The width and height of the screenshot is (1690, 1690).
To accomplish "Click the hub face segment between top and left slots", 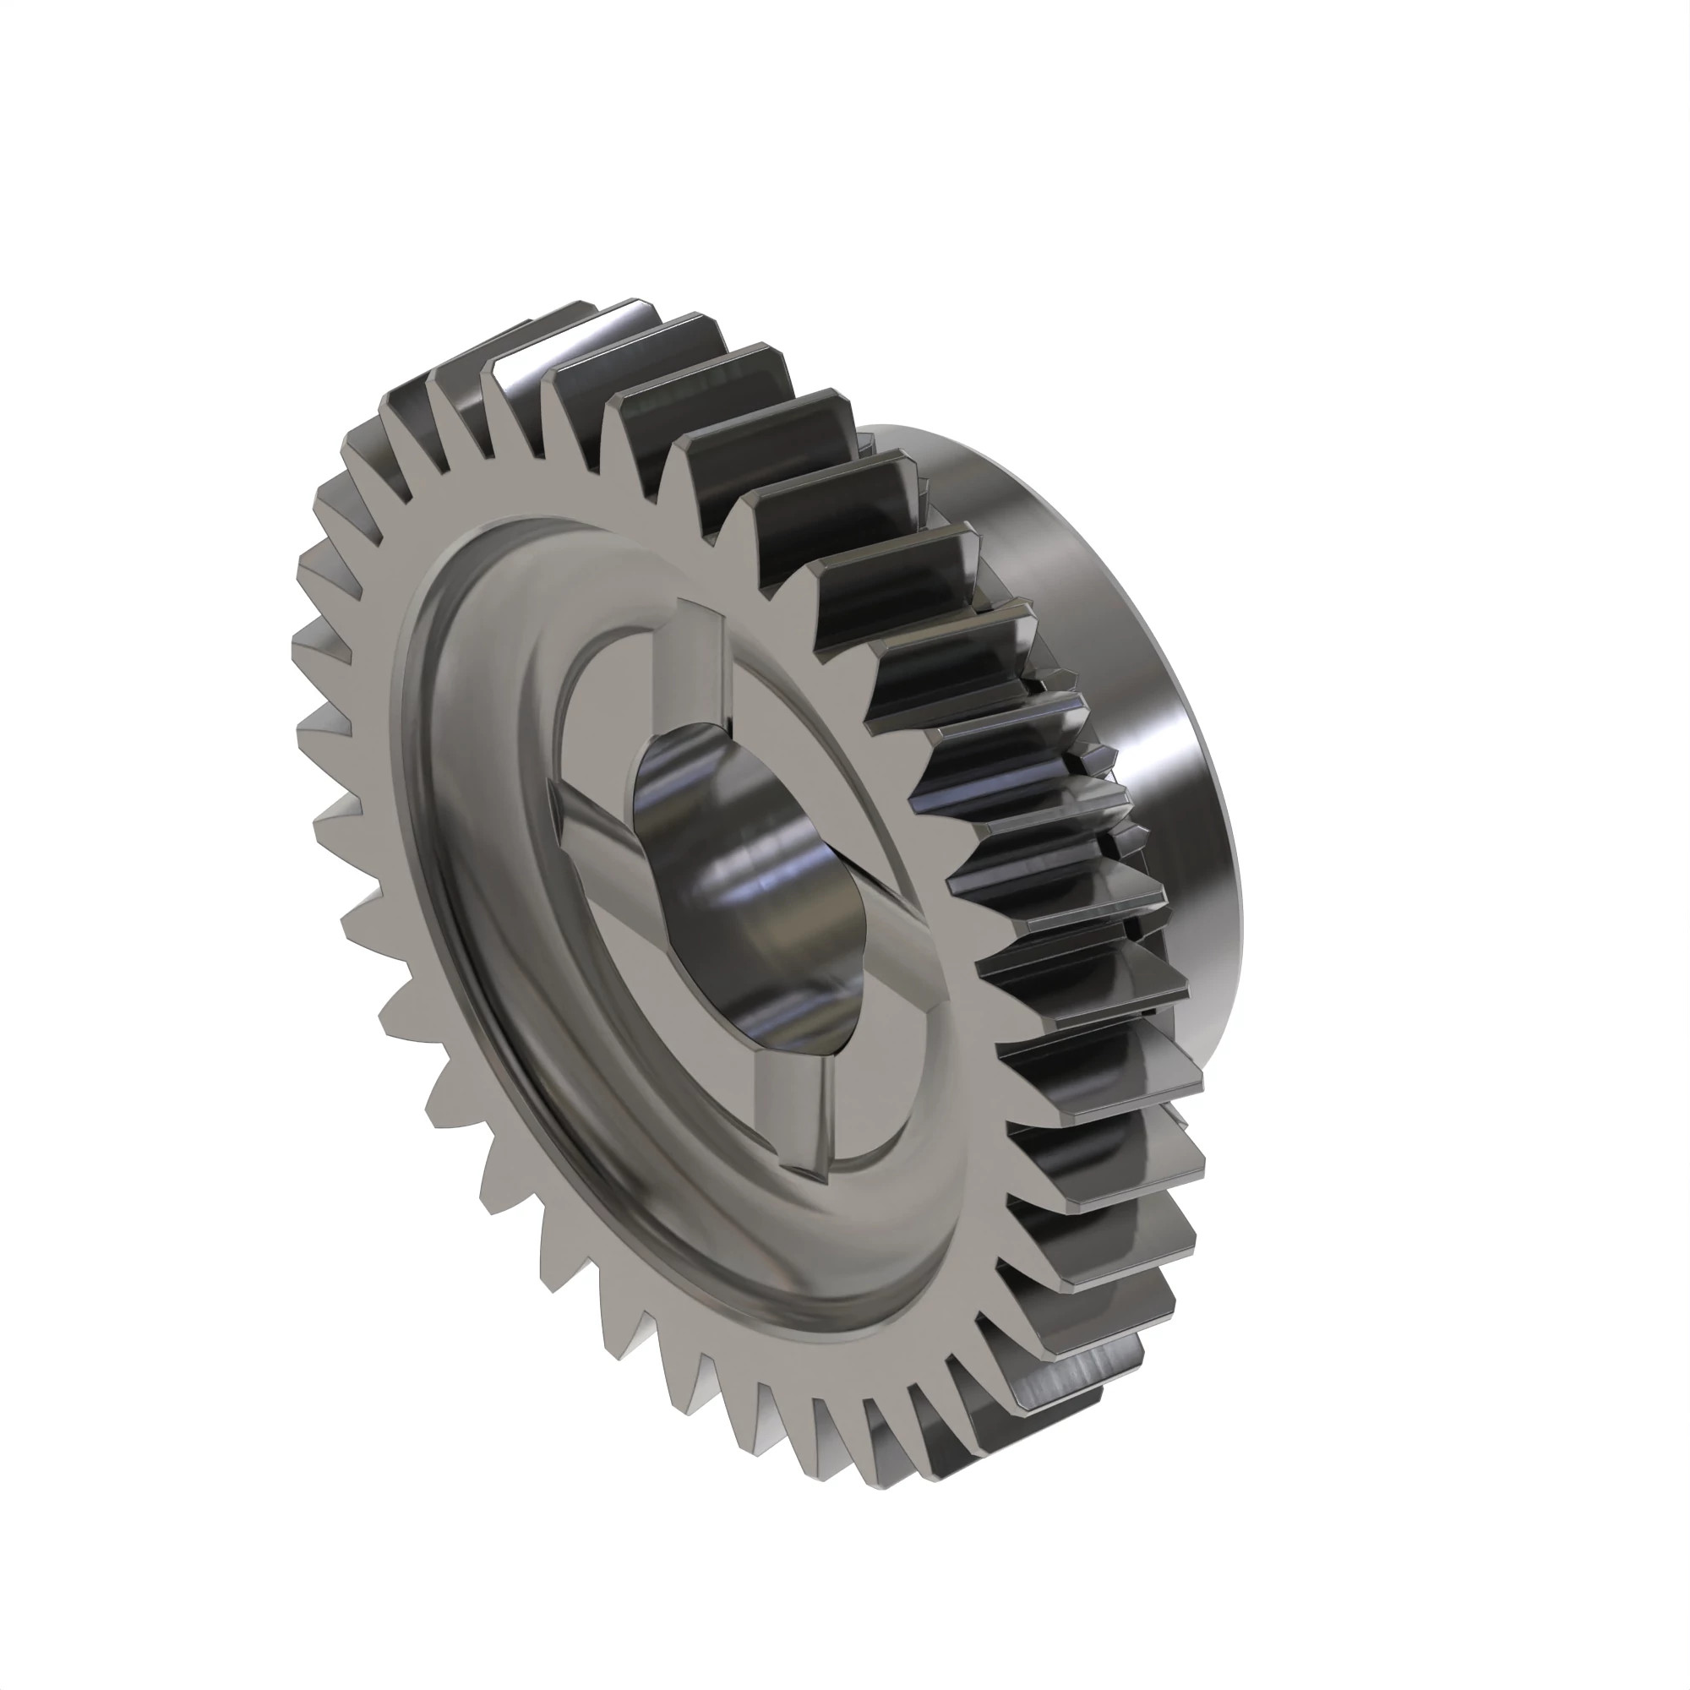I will (x=603, y=700).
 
